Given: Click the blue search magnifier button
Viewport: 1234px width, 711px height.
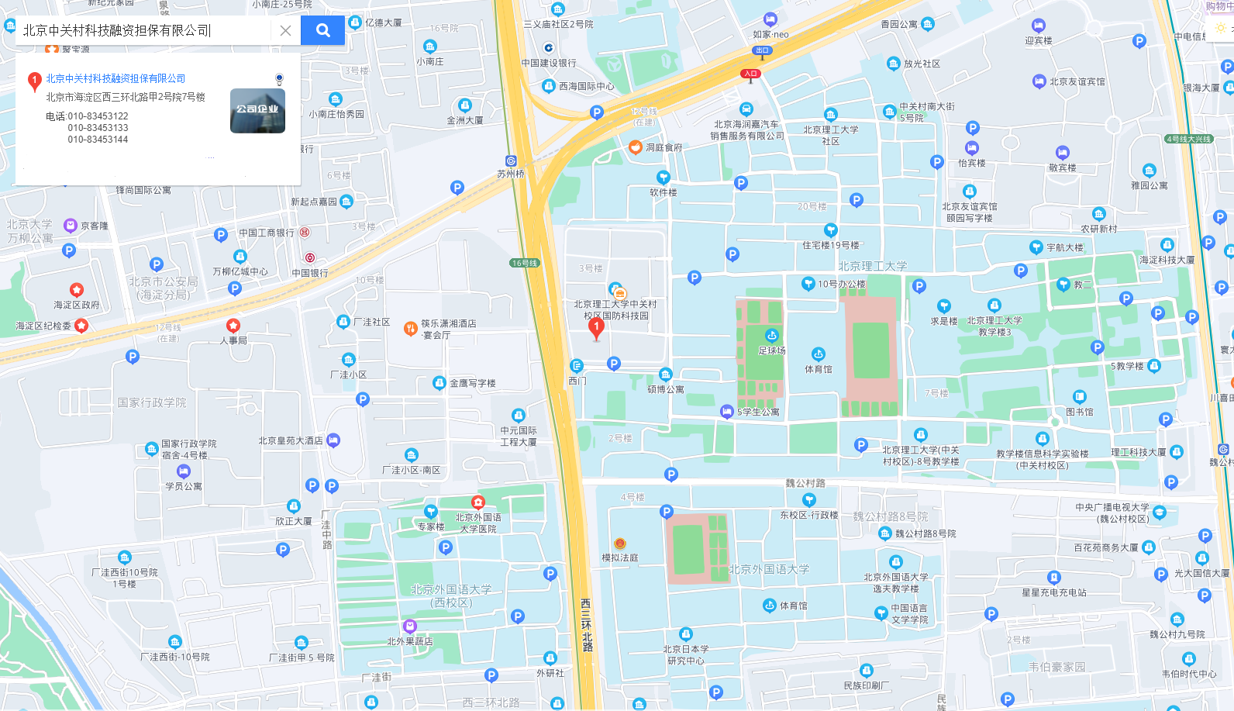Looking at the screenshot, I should click(322, 30).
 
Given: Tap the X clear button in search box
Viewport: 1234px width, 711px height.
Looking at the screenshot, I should click(285, 30).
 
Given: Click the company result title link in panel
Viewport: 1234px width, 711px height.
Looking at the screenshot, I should click(115, 78).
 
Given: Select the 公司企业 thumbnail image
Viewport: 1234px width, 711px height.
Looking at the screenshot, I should click(257, 111).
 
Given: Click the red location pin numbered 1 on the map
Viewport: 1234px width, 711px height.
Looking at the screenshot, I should click(596, 329).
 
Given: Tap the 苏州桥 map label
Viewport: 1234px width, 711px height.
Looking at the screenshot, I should click(511, 174).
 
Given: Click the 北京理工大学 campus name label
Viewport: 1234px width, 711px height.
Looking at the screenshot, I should click(872, 266).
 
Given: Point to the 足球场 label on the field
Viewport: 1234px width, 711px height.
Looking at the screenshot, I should click(771, 350).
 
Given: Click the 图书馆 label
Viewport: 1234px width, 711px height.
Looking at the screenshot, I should click(1079, 412).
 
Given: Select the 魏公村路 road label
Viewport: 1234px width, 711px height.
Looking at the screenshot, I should click(805, 483).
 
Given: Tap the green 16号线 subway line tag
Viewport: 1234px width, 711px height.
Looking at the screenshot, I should click(525, 263).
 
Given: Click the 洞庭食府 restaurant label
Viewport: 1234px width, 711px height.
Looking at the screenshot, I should click(664, 147).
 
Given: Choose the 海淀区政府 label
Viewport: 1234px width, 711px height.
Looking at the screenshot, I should click(76, 305).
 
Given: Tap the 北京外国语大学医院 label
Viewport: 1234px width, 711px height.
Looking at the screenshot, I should click(477, 523).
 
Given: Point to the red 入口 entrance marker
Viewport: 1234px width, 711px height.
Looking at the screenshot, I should click(750, 74).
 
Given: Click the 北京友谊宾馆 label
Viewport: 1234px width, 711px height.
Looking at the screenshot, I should click(1077, 81).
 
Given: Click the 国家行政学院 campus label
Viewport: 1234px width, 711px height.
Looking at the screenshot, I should click(152, 402).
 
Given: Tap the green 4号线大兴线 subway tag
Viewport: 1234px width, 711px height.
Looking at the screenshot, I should click(1188, 139).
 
